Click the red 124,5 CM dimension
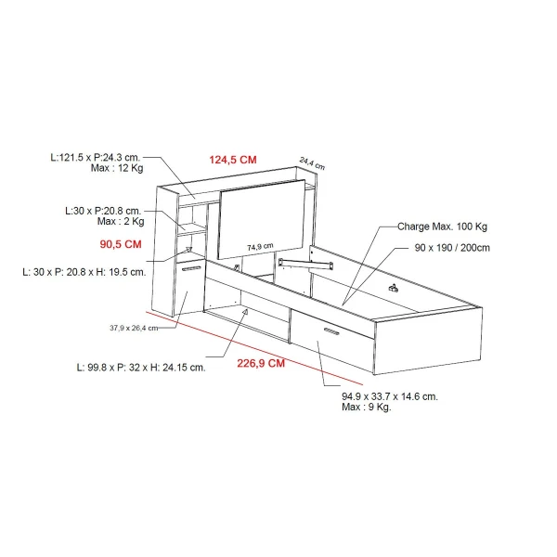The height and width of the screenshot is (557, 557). (233, 160)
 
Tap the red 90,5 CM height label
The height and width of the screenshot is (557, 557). (121, 244)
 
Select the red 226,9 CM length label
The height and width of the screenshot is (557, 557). (261, 363)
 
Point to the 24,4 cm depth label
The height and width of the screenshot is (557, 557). (312, 163)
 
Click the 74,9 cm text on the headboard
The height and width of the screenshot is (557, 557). (260, 247)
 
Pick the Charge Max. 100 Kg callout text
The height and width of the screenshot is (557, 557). (442, 227)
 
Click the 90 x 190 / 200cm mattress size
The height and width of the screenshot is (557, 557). (452, 248)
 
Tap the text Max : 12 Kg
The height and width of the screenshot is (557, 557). (117, 168)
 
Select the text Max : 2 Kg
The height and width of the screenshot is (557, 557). (121, 221)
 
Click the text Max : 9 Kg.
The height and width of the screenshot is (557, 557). (367, 408)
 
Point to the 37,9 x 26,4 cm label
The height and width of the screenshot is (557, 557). (134, 328)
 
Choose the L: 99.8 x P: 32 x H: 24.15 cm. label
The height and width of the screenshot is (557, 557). (141, 368)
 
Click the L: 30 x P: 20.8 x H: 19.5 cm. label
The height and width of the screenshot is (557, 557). (84, 272)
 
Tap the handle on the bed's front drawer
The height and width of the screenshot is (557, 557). (331, 331)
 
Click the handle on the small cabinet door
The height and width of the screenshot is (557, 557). (191, 268)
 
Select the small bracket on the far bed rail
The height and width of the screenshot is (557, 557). (393, 288)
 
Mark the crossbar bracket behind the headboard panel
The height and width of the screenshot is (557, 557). (305, 264)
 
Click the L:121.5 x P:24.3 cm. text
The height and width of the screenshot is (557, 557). (96, 158)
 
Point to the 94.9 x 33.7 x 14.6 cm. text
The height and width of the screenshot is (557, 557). (390, 396)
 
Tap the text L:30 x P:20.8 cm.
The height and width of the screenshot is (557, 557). (103, 211)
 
